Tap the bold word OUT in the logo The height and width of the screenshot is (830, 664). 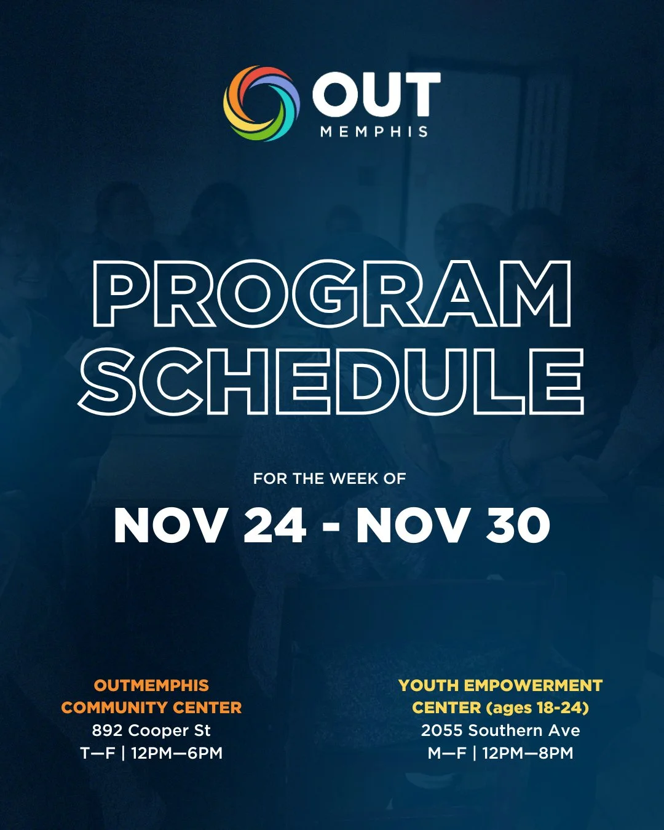click(376, 95)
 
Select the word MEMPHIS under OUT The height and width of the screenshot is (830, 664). click(374, 132)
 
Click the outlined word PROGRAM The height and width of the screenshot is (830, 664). click(332, 293)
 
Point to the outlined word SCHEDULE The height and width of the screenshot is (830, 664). click(332, 381)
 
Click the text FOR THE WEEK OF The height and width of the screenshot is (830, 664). click(330, 478)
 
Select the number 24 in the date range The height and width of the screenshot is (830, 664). click(275, 526)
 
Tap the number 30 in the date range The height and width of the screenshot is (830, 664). click(518, 526)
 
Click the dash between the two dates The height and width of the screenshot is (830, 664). click(331, 528)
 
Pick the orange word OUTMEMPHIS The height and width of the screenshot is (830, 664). click(151, 686)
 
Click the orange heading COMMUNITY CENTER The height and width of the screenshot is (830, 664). click(151, 708)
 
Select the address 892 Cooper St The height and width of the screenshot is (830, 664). click(151, 730)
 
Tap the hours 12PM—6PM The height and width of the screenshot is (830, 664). click(176, 753)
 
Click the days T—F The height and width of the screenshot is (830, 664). click(98, 753)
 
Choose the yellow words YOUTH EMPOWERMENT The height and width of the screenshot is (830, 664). click(500, 686)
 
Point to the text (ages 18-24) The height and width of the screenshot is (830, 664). click(537, 708)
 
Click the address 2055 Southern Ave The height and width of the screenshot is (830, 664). click(500, 730)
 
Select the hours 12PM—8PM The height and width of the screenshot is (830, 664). click(528, 753)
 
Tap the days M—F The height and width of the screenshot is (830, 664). click(447, 753)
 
